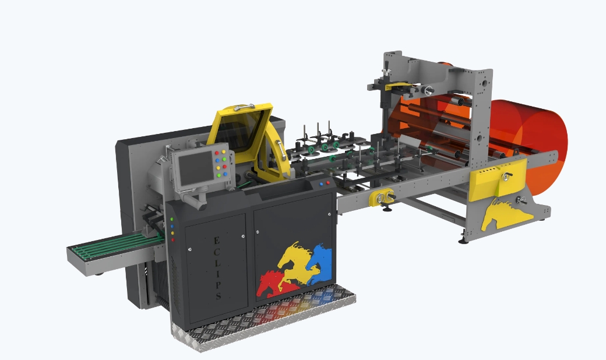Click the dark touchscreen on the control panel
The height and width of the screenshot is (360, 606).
196,168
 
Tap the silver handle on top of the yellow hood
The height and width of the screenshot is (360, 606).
244,107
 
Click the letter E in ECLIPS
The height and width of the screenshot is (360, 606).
216,241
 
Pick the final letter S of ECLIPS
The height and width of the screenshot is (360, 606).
219,296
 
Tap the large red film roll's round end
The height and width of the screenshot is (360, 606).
541,146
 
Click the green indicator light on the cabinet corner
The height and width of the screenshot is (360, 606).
171,219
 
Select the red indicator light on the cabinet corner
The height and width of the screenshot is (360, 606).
172,240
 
